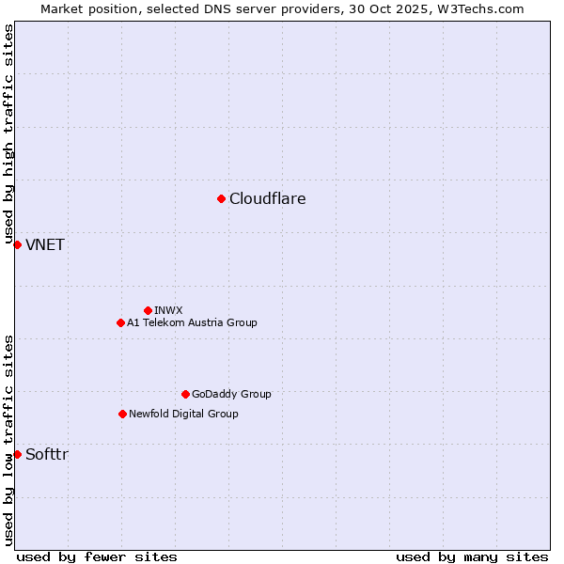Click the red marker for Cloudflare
tap(221, 198)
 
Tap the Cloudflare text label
tap(268, 198)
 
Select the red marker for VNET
tap(17, 244)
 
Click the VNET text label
tap(45, 245)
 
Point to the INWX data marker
tap(148, 310)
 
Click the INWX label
tap(168, 310)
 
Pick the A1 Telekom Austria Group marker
tap(120, 322)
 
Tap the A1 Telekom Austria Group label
tap(192, 322)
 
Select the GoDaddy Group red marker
tap(185, 394)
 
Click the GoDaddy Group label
tap(231, 394)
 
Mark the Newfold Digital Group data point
tap(122, 414)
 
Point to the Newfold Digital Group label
tap(183, 414)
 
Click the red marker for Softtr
tap(17, 454)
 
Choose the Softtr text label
tap(47, 455)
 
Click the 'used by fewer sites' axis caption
tap(97, 556)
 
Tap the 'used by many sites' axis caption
tap(472, 556)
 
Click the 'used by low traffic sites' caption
tap(9, 440)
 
